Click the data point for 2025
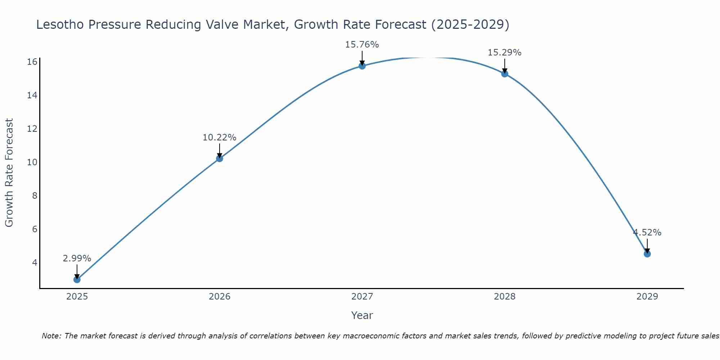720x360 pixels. [x=77, y=279]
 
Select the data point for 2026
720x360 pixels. [x=219, y=158]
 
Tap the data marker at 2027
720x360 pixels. [x=362, y=66]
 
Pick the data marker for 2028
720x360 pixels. [x=504, y=74]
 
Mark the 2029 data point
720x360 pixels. [x=647, y=254]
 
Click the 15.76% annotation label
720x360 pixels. [x=362, y=45]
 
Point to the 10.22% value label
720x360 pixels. [x=219, y=138]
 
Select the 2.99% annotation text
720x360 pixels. [x=77, y=258]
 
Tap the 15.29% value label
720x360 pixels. [x=504, y=53]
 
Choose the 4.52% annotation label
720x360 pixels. [x=647, y=233]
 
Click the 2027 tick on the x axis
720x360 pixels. [x=362, y=297]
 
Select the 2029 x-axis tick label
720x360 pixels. [x=647, y=297]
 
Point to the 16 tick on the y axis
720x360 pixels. [x=32, y=62]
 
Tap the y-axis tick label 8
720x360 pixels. [x=35, y=196]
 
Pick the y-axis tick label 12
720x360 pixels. [x=32, y=129]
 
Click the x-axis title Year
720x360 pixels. [x=362, y=315]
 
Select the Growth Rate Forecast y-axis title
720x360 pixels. [x=9, y=172]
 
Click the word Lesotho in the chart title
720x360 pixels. [x=59, y=25]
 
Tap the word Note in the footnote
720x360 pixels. [x=51, y=336]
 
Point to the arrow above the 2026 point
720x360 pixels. [x=219, y=150]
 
